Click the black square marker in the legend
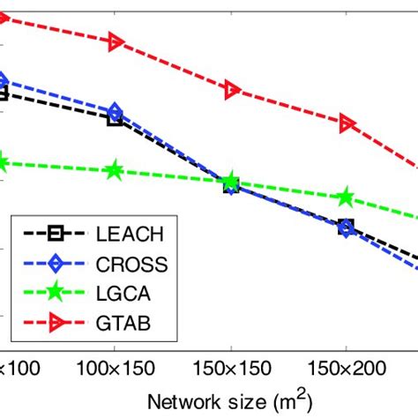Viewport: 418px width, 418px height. [55, 233]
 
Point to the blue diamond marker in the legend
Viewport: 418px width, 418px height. [55, 263]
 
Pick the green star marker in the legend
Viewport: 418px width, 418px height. [55, 293]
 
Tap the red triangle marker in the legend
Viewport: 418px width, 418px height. [55, 323]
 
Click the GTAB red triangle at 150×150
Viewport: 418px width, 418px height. [231, 89]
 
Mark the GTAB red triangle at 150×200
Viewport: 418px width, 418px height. [347, 123]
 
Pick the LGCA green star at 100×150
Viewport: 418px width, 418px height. [115, 170]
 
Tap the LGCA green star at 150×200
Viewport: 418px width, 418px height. [347, 198]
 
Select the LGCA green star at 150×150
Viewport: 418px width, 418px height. [230, 183]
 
